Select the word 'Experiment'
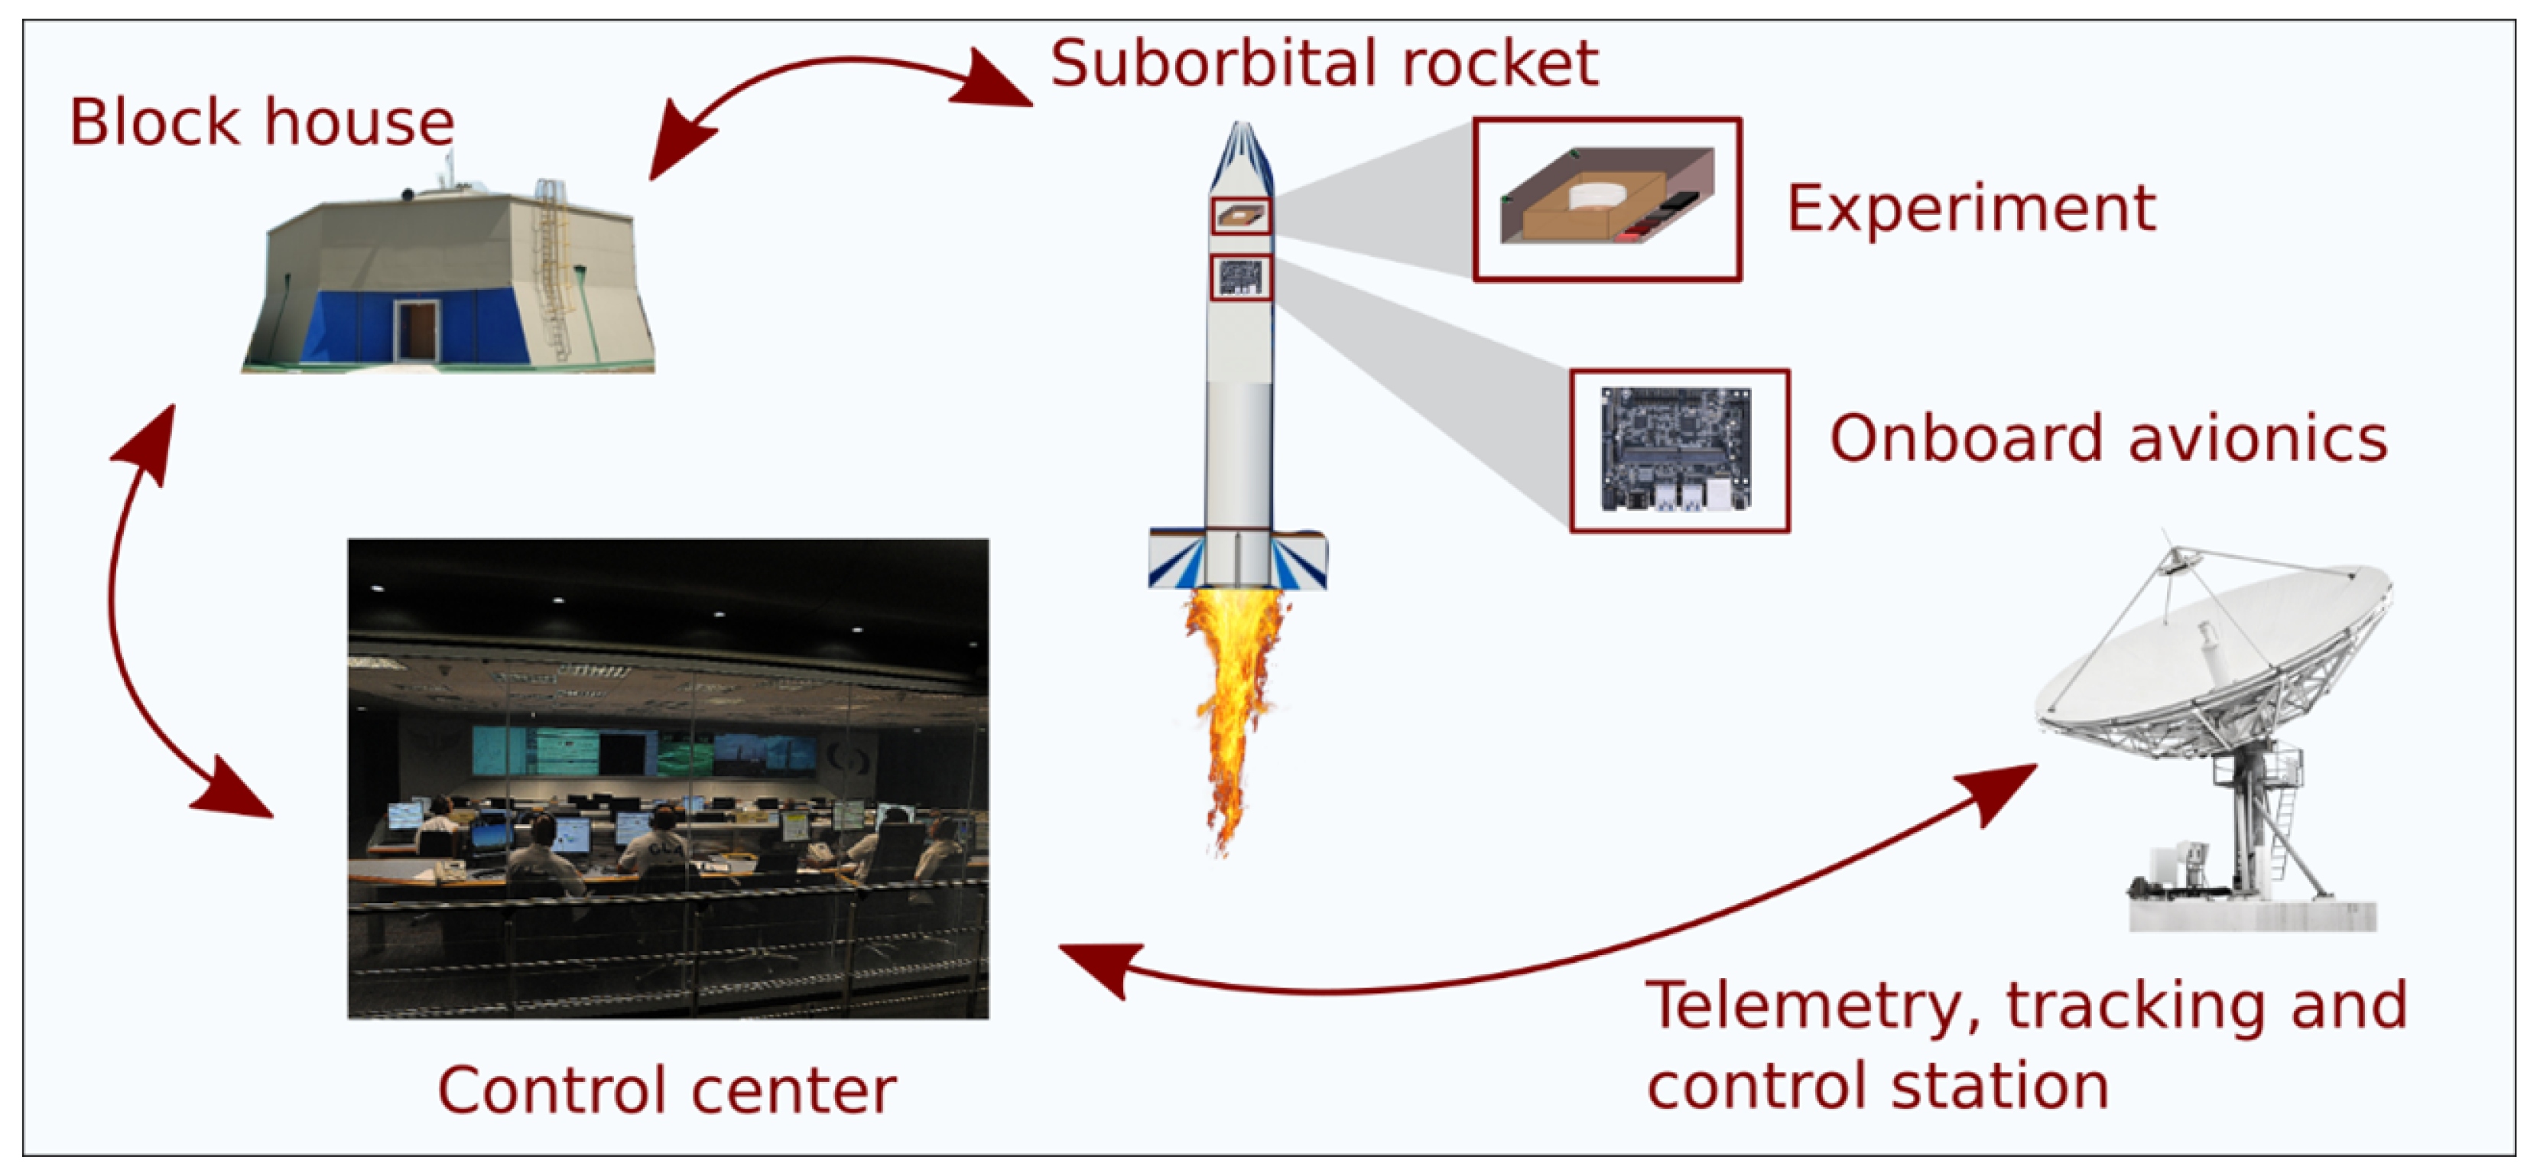pyautogui.click(x=1970, y=208)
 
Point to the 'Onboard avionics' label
pyautogui.click(x=2107, y=438)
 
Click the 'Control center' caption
pyautogui.click(x=667, y=1090)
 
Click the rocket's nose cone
pyautogui.click(x=1241, y=158)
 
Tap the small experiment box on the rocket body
pyautogui.click(x=1241, y=216)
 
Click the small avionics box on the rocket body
pyautogui.click(x=1241, y=277)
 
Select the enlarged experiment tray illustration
pyautogui.click(x=1607, y=200)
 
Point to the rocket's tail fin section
pyautogui.click(x=1238, y=560)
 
